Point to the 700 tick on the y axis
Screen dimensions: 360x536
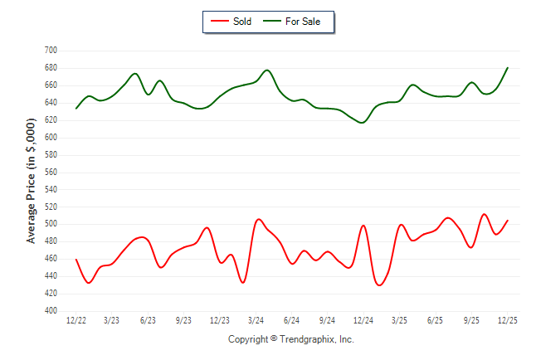coord(51,51)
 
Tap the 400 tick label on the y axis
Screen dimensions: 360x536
coord(51,311)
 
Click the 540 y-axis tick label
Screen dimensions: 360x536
coord(51,189)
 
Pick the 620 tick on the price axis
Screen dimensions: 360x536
coord(51,119)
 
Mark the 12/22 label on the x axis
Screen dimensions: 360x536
coord(76,320)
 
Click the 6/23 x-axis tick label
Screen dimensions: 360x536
coord(149,320)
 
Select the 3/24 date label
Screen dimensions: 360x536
coord(256,320)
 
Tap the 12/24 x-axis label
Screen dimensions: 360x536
coord(363,320)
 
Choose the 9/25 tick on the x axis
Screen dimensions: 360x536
coord(471,320)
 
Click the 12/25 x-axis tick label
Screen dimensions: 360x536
coord(507,320)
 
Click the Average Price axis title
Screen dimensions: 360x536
coord(32,180)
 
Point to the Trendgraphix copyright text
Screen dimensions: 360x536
coord(290,339)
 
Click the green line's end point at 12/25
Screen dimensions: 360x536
coord(507,68)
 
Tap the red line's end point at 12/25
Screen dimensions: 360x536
coord(507,221)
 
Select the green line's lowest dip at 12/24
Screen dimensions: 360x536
coord(362,123)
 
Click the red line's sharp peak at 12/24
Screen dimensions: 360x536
coord(363,225)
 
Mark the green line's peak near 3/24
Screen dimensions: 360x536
coord(267,70)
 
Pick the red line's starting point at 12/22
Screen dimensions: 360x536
coord(76,260)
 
